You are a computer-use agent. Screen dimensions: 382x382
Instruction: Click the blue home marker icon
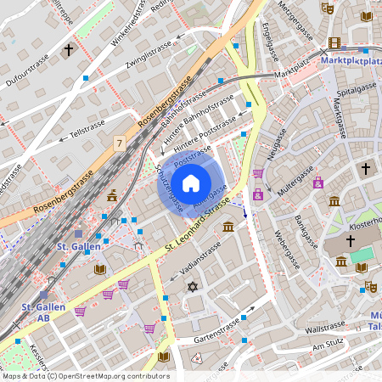coord(190,183)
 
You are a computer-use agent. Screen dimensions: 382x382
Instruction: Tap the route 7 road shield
coord(120,145)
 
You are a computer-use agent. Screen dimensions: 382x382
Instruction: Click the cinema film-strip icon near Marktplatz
coord(334,42)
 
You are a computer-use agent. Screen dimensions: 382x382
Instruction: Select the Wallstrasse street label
coord(325,327)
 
